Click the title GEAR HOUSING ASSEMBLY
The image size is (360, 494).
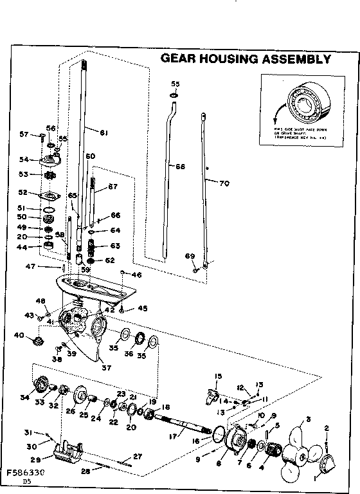pyautogui.click(x=245, y=59)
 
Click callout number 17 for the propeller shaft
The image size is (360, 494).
pyautogui.click(x=172, y=436)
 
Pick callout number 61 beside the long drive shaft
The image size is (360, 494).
pyautogui.click(x=103, y=133)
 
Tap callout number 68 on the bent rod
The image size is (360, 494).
pyautogui.click(x=180, y=167)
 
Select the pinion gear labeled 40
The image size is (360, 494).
pyautogui.click(x=38, y=338)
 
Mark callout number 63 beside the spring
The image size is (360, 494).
pyautogui.click(x=115, y=246)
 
